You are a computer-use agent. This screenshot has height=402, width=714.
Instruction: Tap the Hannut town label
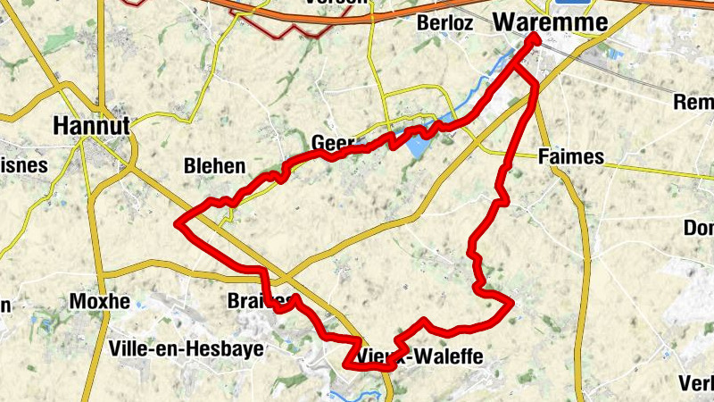pos(91,125)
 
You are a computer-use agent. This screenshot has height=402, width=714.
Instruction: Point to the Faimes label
pos(571,157)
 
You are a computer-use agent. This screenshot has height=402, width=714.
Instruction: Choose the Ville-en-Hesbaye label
pos(185,348)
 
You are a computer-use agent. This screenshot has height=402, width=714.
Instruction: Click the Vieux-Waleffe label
pos(419,357)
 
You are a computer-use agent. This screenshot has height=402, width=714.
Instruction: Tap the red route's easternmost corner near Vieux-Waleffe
pos(512,305)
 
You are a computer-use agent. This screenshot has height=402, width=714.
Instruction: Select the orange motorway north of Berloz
pos(402,18)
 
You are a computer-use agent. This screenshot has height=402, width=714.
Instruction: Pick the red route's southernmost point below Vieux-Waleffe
pos(384,367)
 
